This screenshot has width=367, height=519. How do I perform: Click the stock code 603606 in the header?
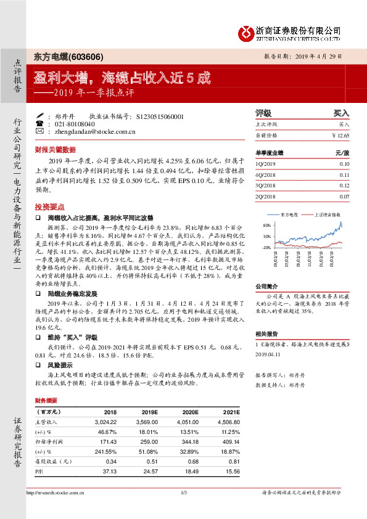[x=81, y=55]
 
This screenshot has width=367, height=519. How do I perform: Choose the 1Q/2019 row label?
[x=266, y=163]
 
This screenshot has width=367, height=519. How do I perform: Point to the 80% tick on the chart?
[x=266, y=225]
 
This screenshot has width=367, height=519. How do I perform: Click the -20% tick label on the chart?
[x=266, y=247]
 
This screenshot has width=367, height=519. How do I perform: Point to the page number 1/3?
[x=183, y=492]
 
